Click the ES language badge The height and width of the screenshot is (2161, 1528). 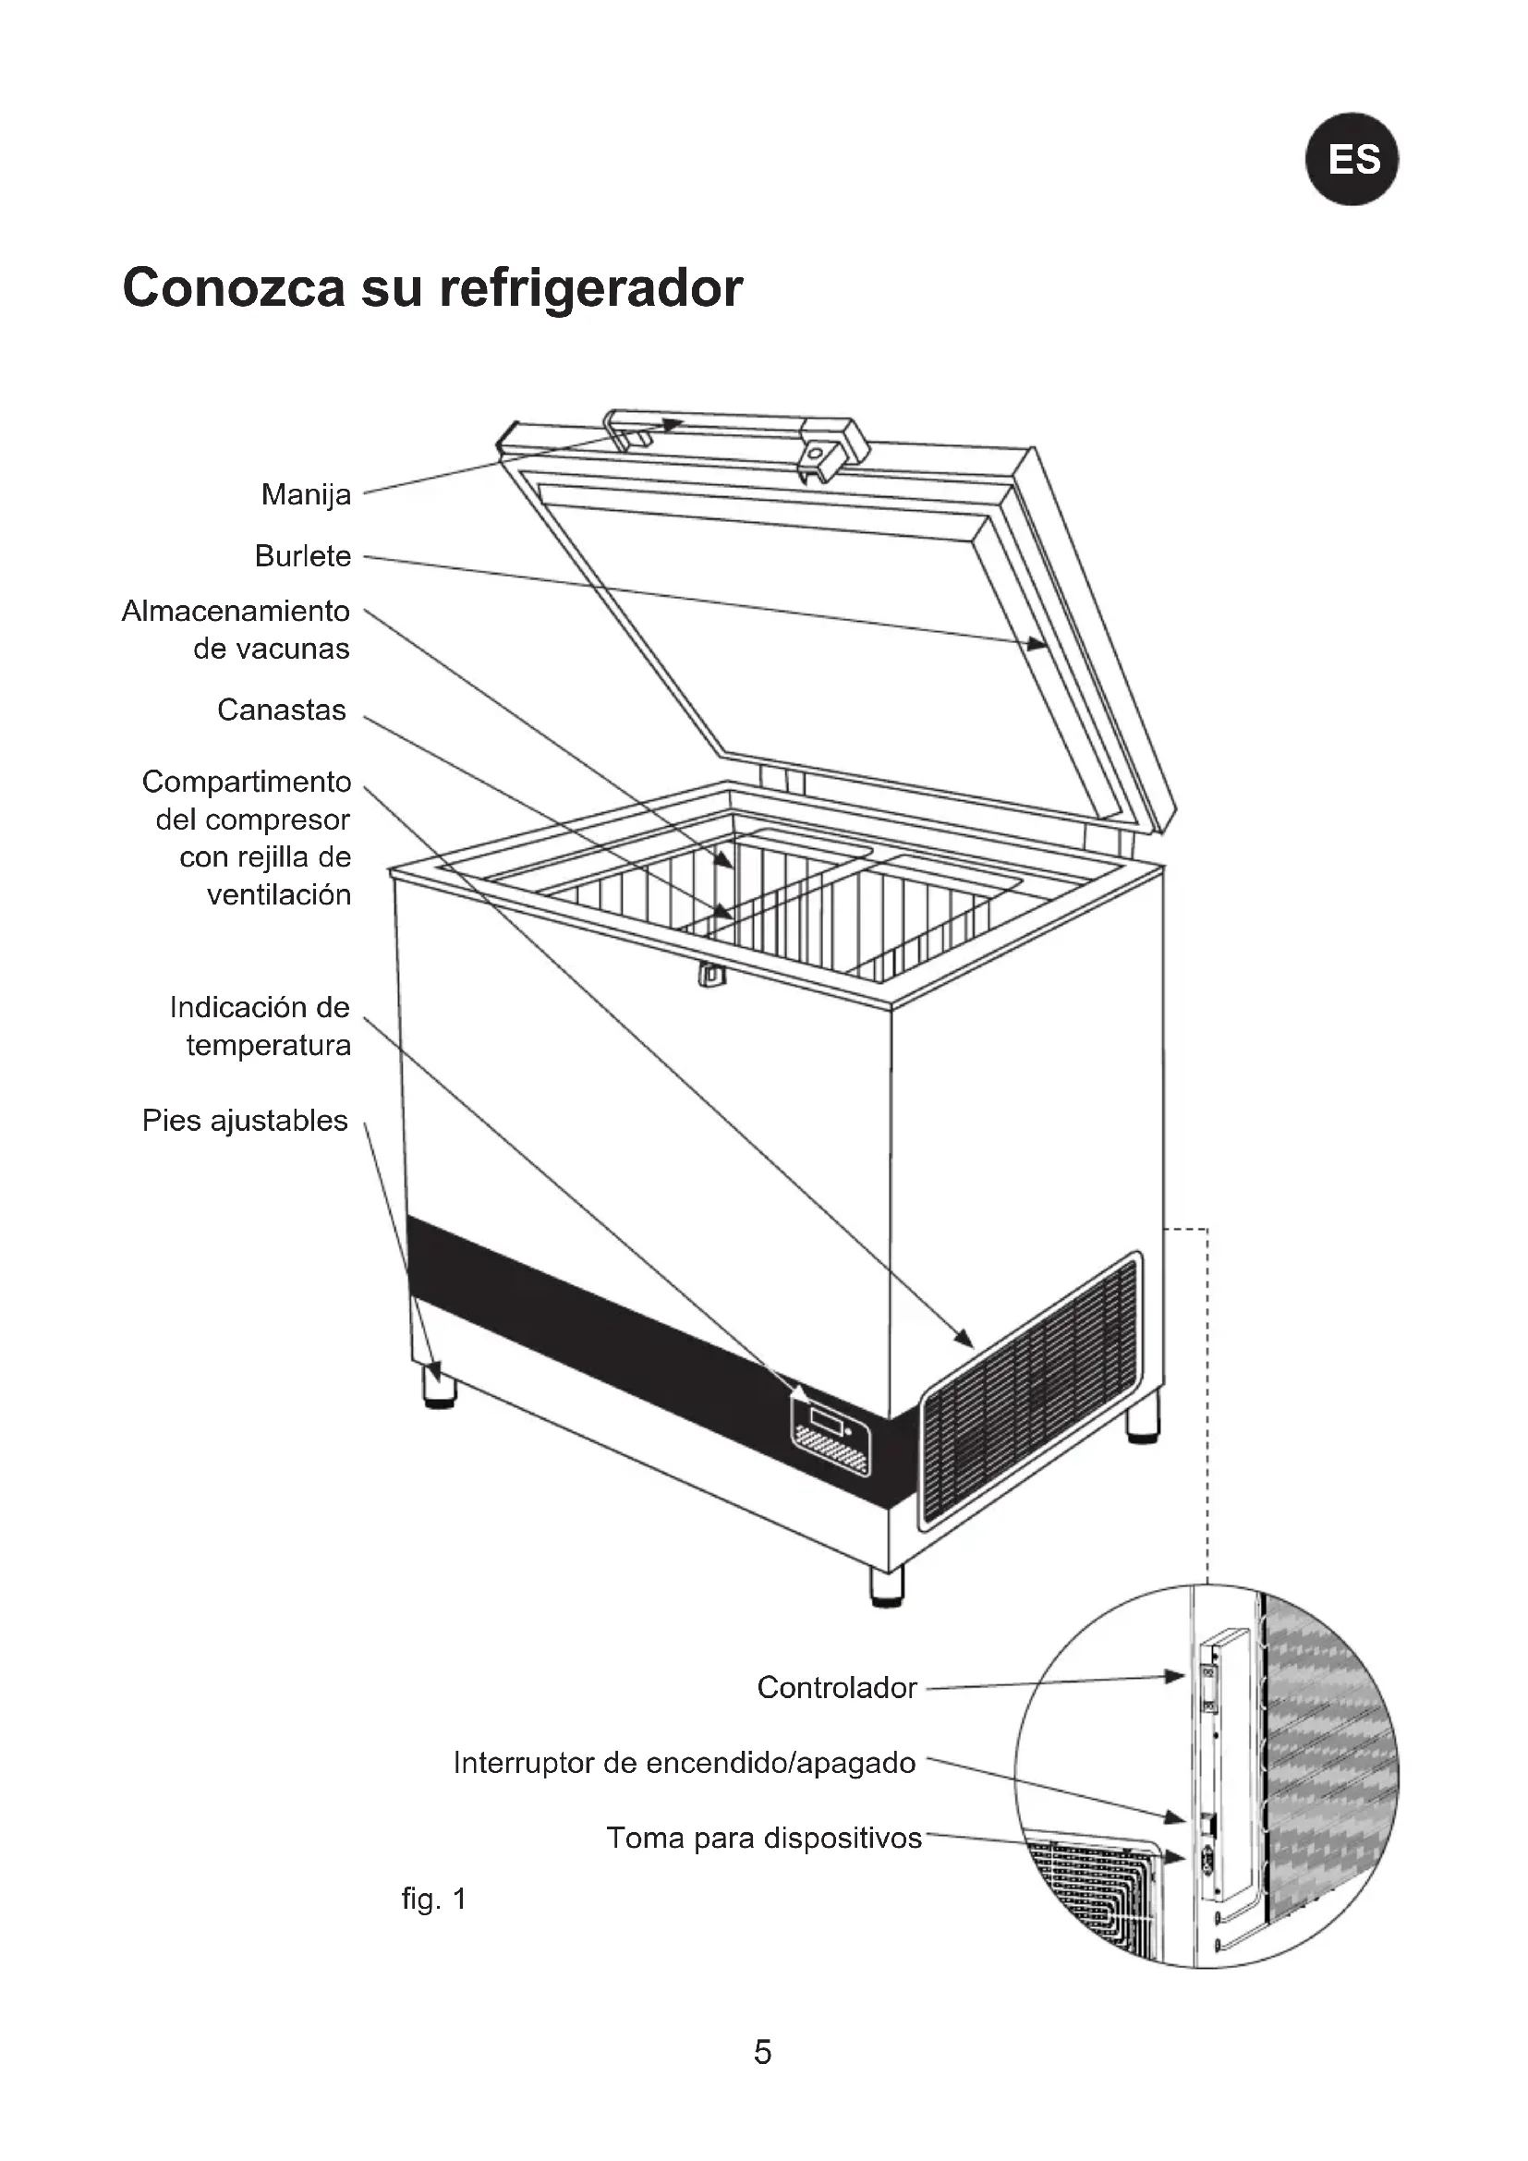point(1352,159)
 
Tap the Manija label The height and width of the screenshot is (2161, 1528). point(306,494)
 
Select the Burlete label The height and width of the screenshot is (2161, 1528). point(302,556)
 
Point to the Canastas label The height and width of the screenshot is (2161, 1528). point(282,710)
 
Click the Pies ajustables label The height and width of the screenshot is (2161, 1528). point(245,1121)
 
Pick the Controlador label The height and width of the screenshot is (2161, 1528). point(836,1688)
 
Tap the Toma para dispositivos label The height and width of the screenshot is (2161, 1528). point(763,1839)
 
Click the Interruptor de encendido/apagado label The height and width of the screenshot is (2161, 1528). point(684,1763)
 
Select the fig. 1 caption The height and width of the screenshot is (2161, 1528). point(434,1900)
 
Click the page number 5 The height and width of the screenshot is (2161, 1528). point(762,2052)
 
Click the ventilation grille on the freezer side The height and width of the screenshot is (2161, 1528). point(1030,1391)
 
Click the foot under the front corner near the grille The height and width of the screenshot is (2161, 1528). point(886,1586)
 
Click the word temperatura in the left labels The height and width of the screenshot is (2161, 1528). point(268,1046)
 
